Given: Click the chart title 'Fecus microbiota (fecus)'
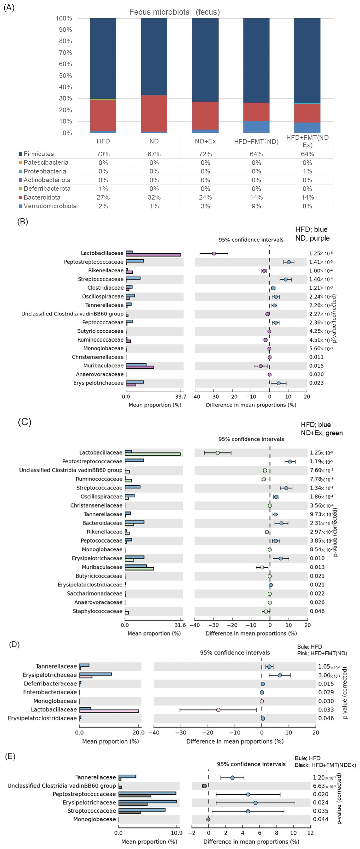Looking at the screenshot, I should [174, 12].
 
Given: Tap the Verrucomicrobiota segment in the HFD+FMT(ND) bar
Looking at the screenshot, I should [256, 127].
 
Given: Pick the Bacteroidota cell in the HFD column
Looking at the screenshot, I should [103, 197].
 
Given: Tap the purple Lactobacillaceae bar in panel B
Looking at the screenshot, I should [153, 255].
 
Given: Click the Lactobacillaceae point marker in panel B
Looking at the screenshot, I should [214, 254].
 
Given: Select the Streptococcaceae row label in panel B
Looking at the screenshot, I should [100, 279].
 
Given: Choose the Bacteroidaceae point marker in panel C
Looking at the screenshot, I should [281, 523].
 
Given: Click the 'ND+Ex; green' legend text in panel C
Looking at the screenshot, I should [321, 433].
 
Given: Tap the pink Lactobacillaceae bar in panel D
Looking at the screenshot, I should [109, 711].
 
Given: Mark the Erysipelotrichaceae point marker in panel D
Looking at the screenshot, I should [280, 675].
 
